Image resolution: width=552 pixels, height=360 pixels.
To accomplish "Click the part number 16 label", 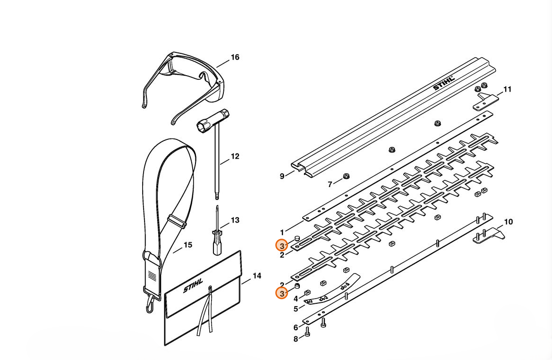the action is [235, 57].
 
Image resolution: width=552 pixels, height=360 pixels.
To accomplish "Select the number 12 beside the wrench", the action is [235, 156].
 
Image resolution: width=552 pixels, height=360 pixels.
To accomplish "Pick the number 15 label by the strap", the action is [188, 245].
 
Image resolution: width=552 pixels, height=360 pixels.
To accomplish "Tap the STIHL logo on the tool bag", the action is [193, 286].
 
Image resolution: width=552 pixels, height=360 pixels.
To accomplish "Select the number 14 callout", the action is [257, 276].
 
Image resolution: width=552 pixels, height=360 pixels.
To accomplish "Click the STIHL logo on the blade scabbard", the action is [444, 82].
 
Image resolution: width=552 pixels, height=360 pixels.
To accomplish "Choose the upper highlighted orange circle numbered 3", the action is [281, 246].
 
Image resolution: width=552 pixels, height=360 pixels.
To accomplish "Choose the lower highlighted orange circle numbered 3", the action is [281, 293].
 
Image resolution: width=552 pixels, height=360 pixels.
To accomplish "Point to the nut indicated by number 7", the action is [346, 176].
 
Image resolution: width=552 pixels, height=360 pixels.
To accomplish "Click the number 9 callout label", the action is [282, 176].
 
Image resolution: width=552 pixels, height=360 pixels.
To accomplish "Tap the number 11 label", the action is [507, 89].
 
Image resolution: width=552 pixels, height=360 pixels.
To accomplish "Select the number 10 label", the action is [509, 222].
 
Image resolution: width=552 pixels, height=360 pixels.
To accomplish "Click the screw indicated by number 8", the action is [307, 331].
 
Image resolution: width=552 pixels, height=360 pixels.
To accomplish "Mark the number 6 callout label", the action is [296, 327].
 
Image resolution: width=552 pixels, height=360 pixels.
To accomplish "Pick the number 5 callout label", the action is [296, 309].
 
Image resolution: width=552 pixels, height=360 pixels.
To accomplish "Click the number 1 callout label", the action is [282, 232].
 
